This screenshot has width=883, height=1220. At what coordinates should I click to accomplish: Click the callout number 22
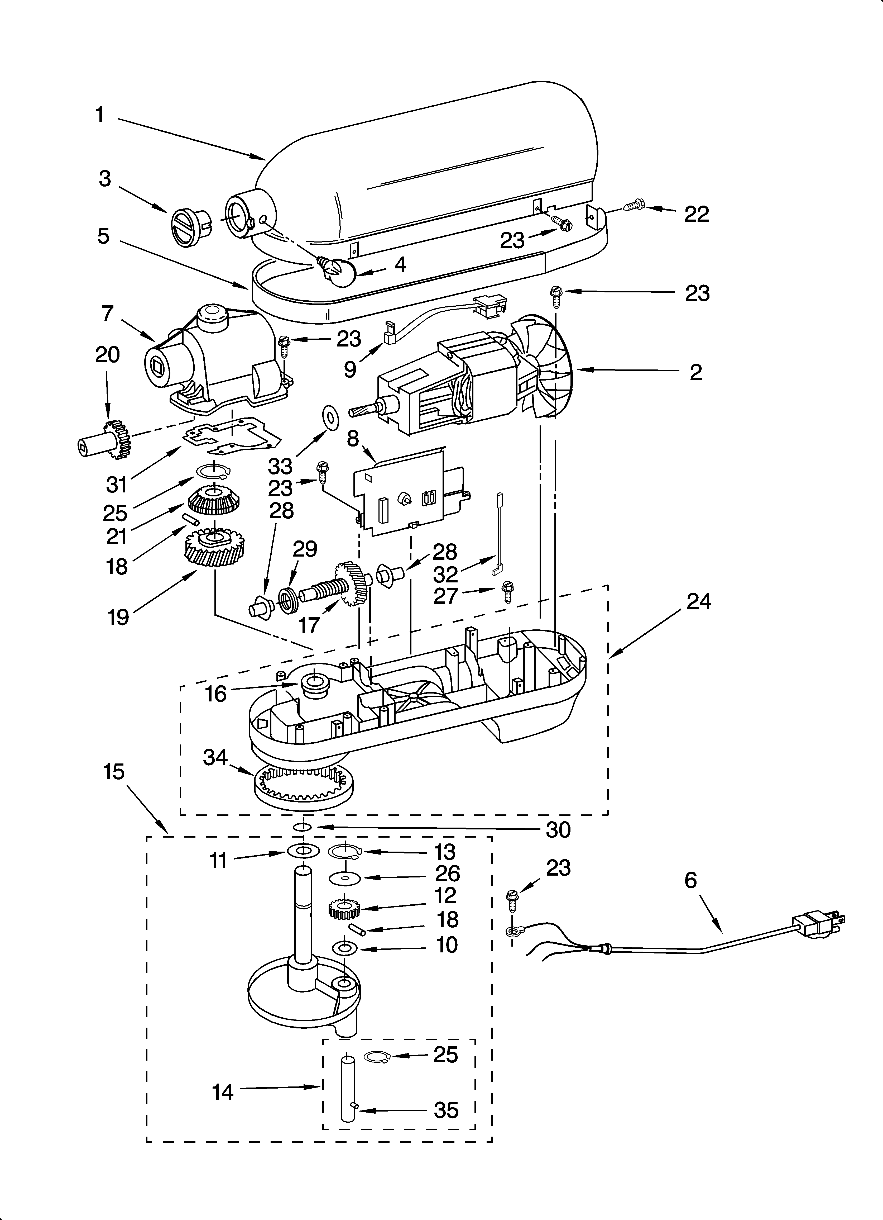click(x=696, y=214)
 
